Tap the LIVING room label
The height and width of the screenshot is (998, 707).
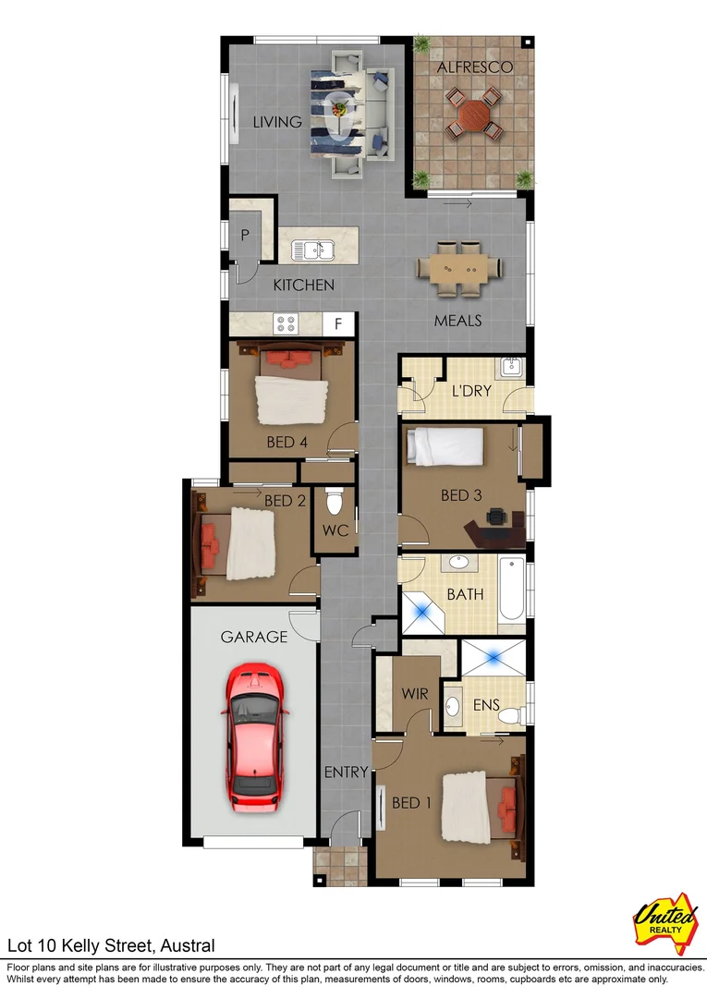point(278,122)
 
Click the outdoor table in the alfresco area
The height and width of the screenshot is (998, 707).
point(471,116)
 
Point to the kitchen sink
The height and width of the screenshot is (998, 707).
point(312,249)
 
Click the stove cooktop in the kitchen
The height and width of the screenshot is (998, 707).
point(285,324)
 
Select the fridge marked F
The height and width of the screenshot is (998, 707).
point(339,324)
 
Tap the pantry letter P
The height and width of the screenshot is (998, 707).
point(245,235)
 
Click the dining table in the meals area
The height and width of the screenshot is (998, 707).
point(458,268)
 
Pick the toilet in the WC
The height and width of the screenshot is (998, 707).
point(335,503)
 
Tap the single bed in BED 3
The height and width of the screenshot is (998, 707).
point(446,447)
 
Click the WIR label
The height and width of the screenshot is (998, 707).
point(414,693)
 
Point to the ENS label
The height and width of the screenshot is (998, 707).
point(486,705)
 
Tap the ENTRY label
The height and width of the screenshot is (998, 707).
point(346,772)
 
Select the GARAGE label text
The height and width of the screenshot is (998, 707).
point(254,637)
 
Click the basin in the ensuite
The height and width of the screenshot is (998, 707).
point(453,707)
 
